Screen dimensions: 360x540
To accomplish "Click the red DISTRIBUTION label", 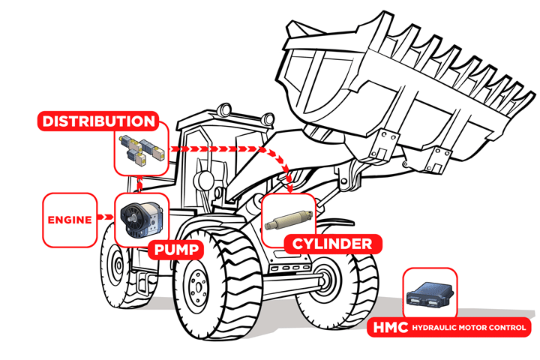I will [x=99, y=121].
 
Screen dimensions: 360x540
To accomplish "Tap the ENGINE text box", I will [x=69, y=220].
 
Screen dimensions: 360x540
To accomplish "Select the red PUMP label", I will [x=178, y=250].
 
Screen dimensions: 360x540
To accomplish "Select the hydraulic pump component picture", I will [x=139, y=218].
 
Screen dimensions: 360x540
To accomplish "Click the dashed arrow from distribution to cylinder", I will [x=225, y=150].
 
